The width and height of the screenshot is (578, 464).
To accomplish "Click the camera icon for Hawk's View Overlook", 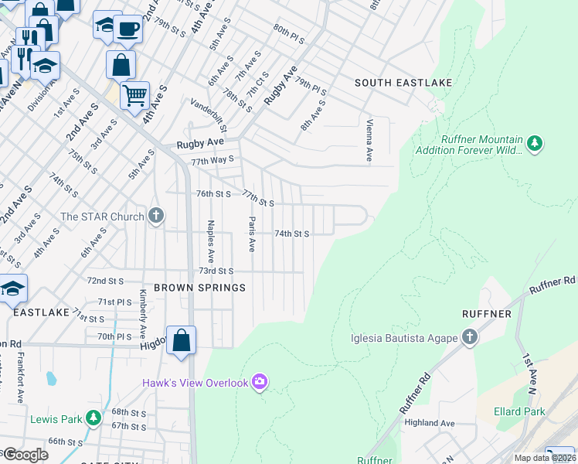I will (x=260, y=381).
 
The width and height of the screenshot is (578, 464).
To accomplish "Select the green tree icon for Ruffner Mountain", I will (x=534, y=143).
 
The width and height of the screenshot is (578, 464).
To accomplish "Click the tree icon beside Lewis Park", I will (x=93, y=419).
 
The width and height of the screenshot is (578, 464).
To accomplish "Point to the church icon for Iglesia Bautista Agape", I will (x=469, y=337).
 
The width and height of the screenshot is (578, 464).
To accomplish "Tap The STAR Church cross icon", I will (x=156, y=216).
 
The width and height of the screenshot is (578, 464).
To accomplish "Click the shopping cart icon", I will (x=134, y=95).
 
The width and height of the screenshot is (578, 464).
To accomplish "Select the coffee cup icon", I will (x=128, y=29).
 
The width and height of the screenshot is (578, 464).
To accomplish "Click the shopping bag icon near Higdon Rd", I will (x=181, y=340).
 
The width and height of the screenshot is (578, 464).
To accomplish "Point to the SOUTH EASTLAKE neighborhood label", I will (x=403, y=83).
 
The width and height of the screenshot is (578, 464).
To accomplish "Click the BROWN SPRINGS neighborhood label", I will (x=199, y=288).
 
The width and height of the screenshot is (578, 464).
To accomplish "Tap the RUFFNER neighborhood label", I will (x=486, y=314).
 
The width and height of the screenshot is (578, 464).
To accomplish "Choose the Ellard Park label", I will (x=520, y=411).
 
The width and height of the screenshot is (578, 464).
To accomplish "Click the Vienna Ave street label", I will (x=369, y=140).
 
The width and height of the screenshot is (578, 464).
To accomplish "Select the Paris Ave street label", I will (x=251, y=234).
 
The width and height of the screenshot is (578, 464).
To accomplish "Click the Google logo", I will (x=25, y=455).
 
